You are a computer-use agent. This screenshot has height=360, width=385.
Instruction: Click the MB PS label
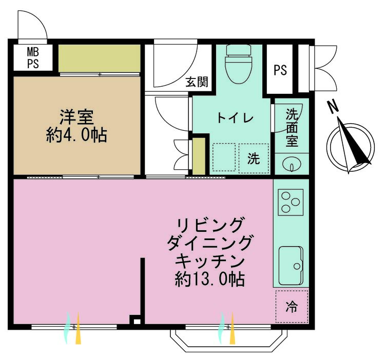click(x=32, y=58)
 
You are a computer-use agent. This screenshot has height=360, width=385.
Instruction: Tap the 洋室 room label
click(x=76, y=117)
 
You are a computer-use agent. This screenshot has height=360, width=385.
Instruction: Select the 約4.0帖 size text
click(x=76, y=135)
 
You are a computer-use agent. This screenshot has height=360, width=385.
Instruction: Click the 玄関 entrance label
click(x=197, y=82)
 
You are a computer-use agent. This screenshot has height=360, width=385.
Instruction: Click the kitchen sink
click(x=291, y=265)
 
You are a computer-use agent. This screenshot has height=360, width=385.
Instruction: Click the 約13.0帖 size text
click(x=209, y=279)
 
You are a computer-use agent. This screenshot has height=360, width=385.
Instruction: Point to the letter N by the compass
click(x=334, y=107)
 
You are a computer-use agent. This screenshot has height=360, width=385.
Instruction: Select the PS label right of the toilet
click(x=280, y=70)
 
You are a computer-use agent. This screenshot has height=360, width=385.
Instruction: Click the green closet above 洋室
click(x=99, y=58)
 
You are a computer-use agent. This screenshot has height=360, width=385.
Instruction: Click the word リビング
click(x=209, y=225)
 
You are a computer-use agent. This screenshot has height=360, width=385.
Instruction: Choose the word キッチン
click(x=209, y=261)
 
